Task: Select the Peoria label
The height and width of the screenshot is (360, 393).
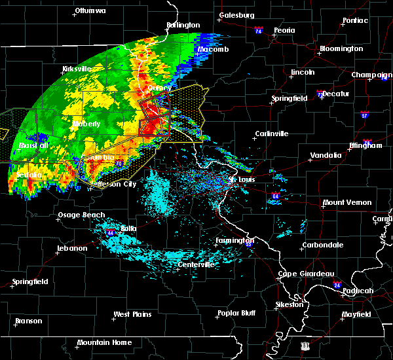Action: click(284, 31)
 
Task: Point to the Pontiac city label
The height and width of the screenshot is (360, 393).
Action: click(354, 20)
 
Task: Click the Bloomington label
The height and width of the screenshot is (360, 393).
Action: click(341, 49)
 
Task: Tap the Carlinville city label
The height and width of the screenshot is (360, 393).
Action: click(272, 134)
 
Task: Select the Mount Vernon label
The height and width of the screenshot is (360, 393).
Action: click(347, 203)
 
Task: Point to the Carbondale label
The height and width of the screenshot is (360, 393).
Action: click(322, 245)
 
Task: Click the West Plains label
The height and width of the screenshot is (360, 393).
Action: click(132, 315)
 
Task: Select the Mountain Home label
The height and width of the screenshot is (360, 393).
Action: click(104, 343)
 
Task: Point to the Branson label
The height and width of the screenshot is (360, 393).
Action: click(28, 321)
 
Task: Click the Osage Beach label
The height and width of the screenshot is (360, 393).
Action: click(82, 215)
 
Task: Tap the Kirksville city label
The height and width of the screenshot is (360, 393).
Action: click(77, 69)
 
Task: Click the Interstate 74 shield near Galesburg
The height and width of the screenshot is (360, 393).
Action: click(259, 30)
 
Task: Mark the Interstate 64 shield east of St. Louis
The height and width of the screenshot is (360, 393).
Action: click(276, 196)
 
